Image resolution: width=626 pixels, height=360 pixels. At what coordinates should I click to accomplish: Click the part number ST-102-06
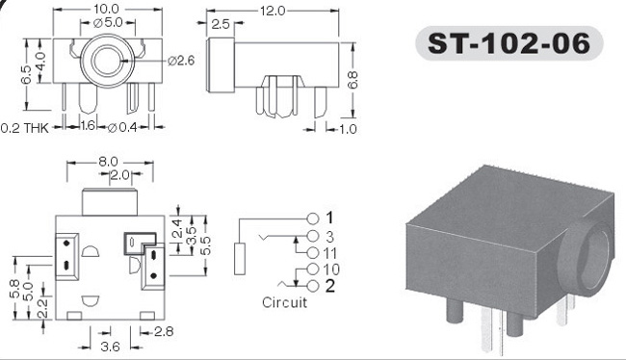click(x=509, y=43)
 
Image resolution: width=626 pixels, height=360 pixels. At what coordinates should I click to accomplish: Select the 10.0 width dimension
click(x=106, y=9)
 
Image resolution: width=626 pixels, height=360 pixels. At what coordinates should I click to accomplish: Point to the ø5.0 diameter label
click(x=108, y=22)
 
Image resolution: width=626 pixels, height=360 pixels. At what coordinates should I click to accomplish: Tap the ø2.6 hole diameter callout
click(x=181, y=61)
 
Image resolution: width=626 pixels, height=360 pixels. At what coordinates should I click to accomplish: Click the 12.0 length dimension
click(x=273, y=11)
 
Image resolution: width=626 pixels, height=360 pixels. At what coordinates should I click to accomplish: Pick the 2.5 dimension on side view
click(x=221, y=24)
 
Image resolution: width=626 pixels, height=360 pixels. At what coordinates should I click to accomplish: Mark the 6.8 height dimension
click(x=352, y=80)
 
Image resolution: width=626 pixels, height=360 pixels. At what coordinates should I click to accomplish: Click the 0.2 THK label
click(x=25, y=128)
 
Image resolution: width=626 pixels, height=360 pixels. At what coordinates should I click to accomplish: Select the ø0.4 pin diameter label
click(x=122, y=128)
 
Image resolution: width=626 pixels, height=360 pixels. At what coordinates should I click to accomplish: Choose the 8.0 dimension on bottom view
click(x=108, y=162)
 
